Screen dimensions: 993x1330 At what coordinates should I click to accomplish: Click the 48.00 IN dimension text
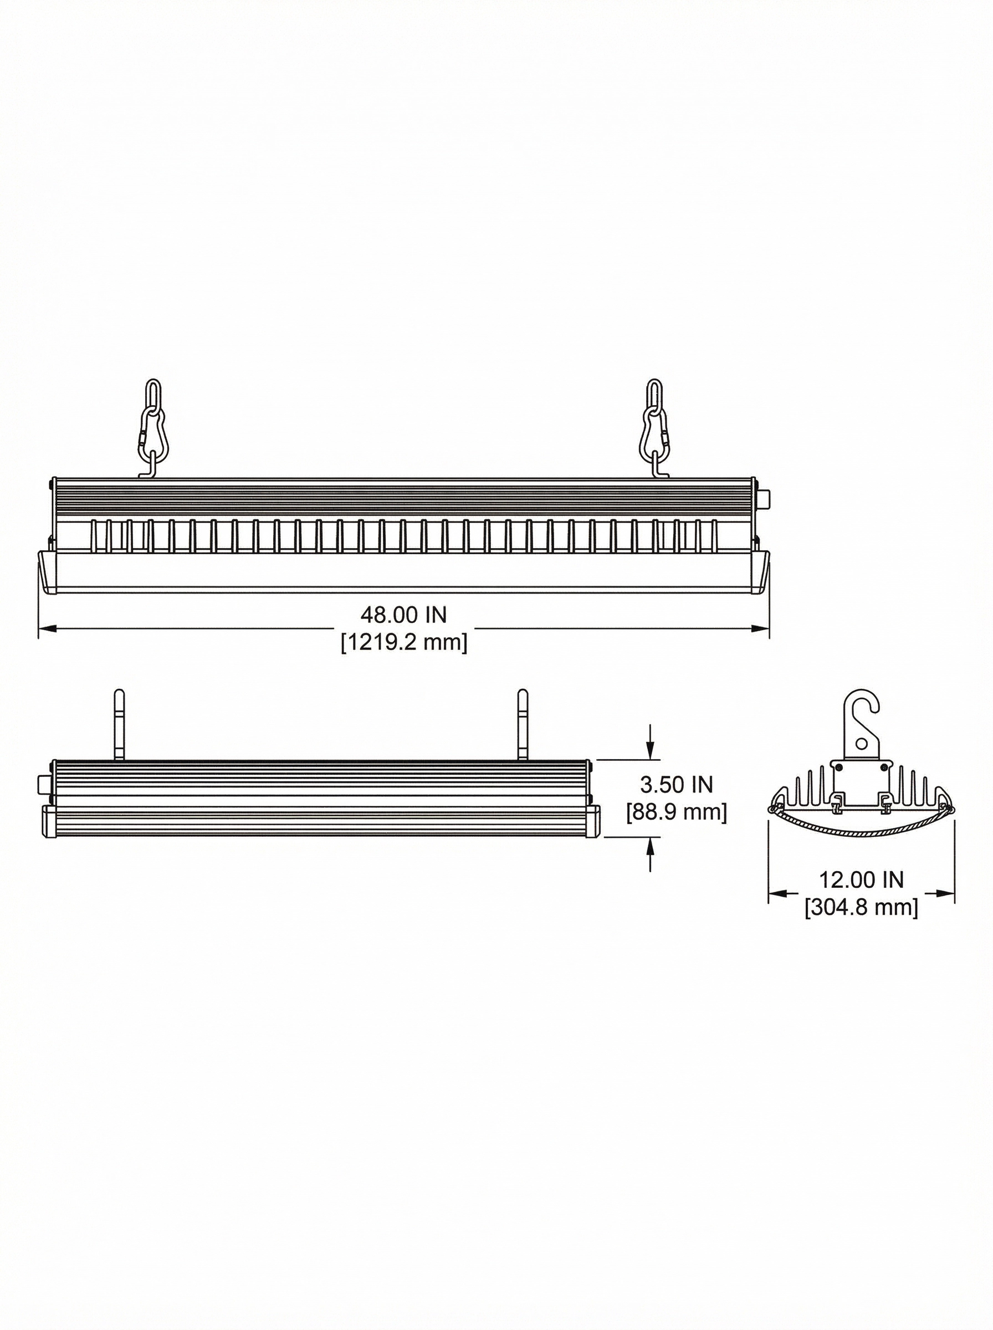pyautogui.click(x=403, y=614)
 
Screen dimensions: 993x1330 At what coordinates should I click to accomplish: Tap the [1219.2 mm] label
pyautogui.click(x=404, y=642)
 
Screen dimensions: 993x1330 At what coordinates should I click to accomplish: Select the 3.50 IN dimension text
pyautogui.click(x=676, y=784)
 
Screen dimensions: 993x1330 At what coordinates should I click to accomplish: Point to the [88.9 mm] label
pyautogui.click(x=676, y=812)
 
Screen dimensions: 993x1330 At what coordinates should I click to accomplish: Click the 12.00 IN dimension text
pyautogui.click(x=861, y=879)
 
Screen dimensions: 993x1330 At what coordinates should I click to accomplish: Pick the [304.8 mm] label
pyautogui.click(x=861, y=907)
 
